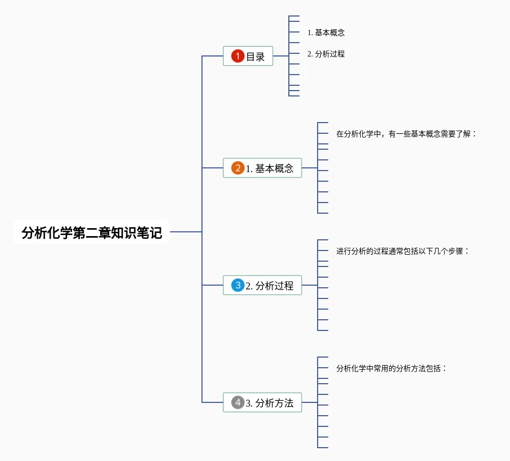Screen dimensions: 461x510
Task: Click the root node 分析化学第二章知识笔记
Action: pyautogui.click(x=91, y=232)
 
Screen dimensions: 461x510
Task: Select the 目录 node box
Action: pyautogui.click(x=248, y=56)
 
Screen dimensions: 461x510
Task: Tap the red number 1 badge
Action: pyautogui.click(x=238, y=56)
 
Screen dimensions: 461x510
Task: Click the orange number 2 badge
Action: pyautogui.click(x=238, y=168)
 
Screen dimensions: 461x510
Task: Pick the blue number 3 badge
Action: pyautogui.click(x=238, y=285)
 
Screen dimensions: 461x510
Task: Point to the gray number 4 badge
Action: pyautogui.click(x=238, y=402)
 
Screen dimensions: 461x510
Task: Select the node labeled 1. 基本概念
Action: pyautogui.click(x=262, y=168)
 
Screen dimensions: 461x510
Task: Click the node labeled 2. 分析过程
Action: pyautogui.click(x=262, y=285)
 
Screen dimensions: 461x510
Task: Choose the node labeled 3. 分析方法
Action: pyautogui.click(x=262, y=402)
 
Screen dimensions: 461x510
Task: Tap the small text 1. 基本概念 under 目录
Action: pyautogui.click(x=326, y=33)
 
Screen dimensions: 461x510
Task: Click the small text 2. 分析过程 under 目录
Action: pyautogui.click(x=326, y=54)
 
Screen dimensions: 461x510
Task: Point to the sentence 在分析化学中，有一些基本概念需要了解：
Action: pyautogui.click(x=406, y=134)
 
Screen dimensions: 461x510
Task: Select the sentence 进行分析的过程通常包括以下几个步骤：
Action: pyautogui.click(x=402, y=251)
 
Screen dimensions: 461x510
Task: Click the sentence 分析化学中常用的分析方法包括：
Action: pyautogui.click(x=391, y=368)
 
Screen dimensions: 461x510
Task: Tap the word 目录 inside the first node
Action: pyautogui.click(x=255, y=56)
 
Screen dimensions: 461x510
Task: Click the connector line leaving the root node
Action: pyautogui.click(x=185, y=232)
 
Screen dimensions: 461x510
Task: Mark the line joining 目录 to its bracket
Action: pyautogui.click(x=281, y=56)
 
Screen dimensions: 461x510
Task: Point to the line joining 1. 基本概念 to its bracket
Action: pyautogui.click(x=310, y=168)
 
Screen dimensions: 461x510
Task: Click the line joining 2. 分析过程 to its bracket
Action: pyautogui.click(x=310, y=285)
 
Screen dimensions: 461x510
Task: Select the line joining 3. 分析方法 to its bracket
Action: pyautogui.click(x=310, y=402)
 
